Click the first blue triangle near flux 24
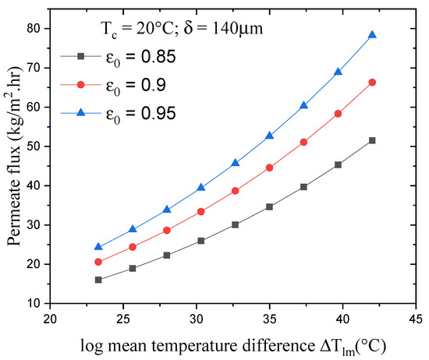click(98, 247)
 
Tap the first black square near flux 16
click(98, 280)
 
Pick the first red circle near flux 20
click(98, 262)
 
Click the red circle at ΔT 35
click(270, 168)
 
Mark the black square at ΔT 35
click(270, 206)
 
